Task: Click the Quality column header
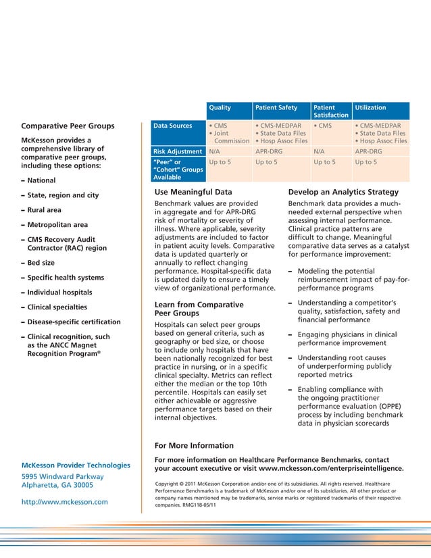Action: coord(220,107)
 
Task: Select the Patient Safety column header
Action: coord(276,107)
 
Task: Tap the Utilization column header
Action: coord(370,107)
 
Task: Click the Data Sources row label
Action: coord(172,126)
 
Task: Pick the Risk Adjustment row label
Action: coord(178,152)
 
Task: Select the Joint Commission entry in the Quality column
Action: coord(230,138)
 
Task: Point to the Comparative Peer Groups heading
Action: coord(68,126)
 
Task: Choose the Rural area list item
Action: coord(44,210)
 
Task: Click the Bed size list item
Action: coord(41,263)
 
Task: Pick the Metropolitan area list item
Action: coord(57,225)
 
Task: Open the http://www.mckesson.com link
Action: coord(64,502)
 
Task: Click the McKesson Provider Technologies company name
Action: coord(76,465)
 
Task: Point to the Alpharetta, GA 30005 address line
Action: coord(62,485)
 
